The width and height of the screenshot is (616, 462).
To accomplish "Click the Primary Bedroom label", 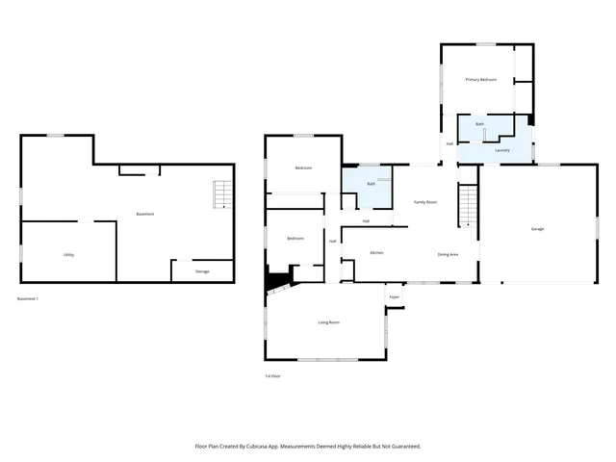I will coord(480,79).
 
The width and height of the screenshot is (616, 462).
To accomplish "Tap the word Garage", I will coord(537,229).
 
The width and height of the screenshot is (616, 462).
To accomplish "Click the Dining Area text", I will coord(448,254).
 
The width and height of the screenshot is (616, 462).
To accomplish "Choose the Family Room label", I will coord(425,202).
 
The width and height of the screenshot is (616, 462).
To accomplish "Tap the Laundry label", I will coord(501,151).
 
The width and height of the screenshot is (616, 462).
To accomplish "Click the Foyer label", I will coord(394,297).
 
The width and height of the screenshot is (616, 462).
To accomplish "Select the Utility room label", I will coord(69,254).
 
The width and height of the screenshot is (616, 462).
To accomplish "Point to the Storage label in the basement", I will coord(202,271).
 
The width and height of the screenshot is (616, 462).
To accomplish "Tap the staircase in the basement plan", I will coord(222,194).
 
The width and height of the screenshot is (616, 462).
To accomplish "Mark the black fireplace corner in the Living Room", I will coord(277,281).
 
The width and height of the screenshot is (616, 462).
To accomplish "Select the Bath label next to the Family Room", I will coord(371,183).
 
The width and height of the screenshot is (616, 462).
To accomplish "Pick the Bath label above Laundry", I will coord(479,124).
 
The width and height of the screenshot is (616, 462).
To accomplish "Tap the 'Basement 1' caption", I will coord(29,299).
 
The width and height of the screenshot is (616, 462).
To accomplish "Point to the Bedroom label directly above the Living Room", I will coord(295,238).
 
